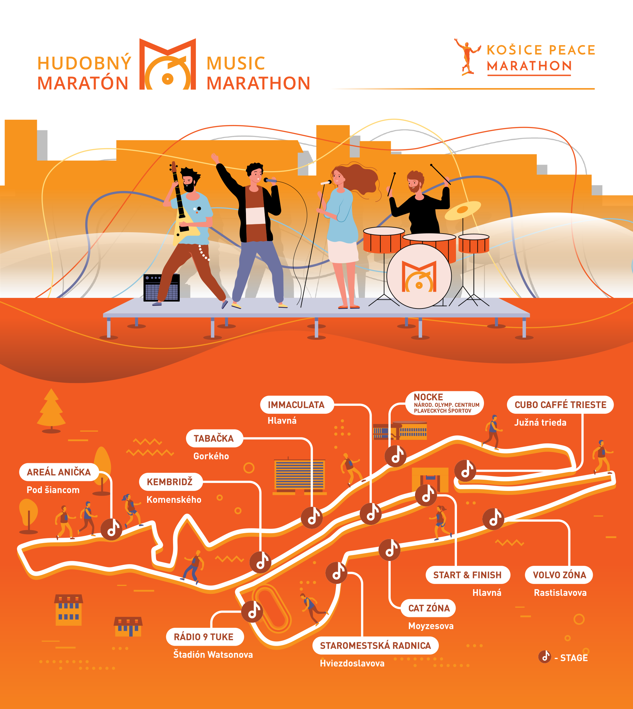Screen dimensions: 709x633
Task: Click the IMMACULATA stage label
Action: [x=297, y=405]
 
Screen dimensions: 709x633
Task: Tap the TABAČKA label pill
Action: [x=214, y=438]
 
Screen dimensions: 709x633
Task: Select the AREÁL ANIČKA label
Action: [x=59, y=472]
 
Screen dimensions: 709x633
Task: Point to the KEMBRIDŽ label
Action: [x=170, y=482]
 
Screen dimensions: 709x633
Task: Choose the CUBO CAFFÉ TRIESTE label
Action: [x=560, y=405]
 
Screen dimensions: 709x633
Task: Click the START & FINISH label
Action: [x=467, y=575]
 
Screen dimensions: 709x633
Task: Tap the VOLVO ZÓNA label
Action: [x=559, y=575]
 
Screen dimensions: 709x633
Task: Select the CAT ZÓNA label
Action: [x=429, y=608]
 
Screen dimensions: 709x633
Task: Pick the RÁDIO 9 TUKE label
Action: [x=204, y=637]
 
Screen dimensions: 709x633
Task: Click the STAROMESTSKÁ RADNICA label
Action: [x=375, y=646]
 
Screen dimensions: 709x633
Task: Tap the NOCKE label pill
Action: [x=444, y=403]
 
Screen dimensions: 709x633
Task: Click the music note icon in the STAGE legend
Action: [x=545, y=657]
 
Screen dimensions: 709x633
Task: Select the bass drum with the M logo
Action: [x=419, y=276]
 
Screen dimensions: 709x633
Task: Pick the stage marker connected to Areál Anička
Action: [x=111, y=530]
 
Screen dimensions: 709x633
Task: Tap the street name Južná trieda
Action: [x=540, y=423]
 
